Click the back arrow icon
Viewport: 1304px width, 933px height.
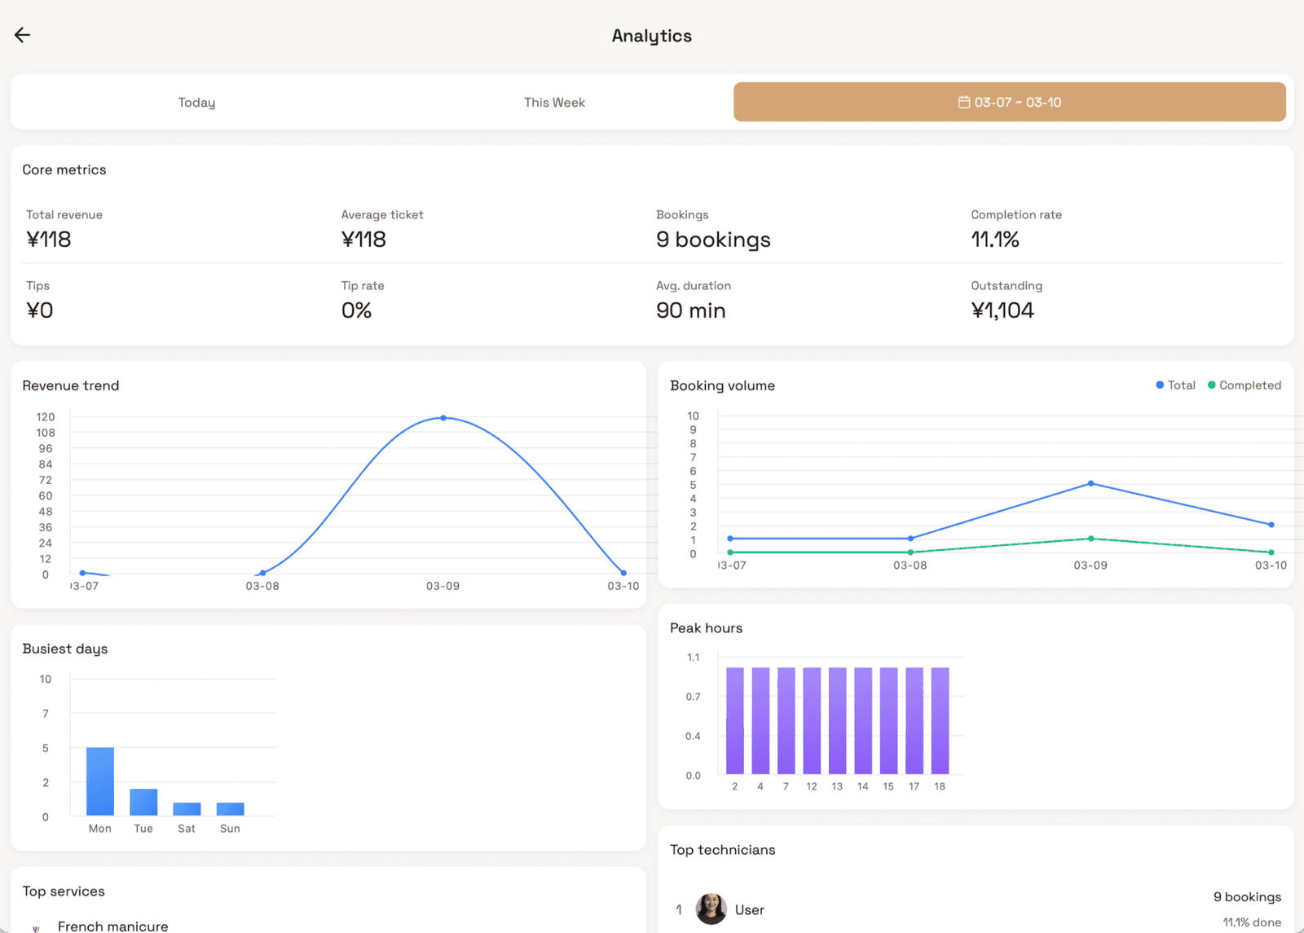pyautogui.click(x=22, y=35)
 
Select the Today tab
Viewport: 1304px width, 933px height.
pyautogui.click(x=196, y=103)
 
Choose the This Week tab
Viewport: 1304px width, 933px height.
pyautogui.click(x=554, y=103)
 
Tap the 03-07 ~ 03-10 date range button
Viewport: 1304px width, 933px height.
pyautogui.click(x=1009, y=103)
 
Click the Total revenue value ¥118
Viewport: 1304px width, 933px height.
pyautogui.click(x=49, y=240)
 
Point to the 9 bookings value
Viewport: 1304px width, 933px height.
pyautogui.click(x=712, y=240)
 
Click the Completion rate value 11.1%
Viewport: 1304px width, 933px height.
pyautogui.click(x=994, y=240)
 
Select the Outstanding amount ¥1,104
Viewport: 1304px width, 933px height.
pyautogui.click(x=1002, y=310)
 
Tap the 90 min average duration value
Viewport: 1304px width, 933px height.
pyautogui.click(x=690, y=310)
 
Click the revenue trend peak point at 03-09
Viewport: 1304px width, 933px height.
pyautogui.click(x=443, y=418)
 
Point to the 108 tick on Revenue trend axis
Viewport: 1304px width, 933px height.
pyautogui.click(x=46, y=433)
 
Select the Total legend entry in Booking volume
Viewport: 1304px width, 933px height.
pyautogui.click(x=1175, y=385)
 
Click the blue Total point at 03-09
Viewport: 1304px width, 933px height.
pyautogui.click(x=1090, y=484)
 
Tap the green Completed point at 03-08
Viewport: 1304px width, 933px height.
pyautogui.click(x=910, y=552)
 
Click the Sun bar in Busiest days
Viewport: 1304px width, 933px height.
pyautogui.click(x=230, y=808)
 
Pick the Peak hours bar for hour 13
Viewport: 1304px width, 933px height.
pyautogui.click(x=837, y=720)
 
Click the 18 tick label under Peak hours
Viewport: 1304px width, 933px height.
pyautogui.click(x=940, y=786)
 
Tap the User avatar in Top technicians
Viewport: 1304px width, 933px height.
pyautogui.click(x=711, y=909)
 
